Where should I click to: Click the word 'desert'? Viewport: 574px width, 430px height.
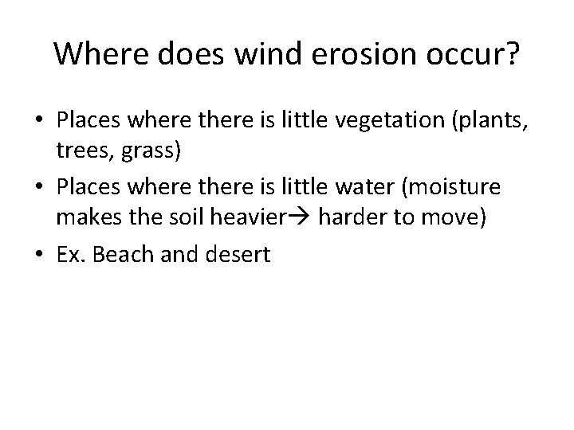pos(240,254)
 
